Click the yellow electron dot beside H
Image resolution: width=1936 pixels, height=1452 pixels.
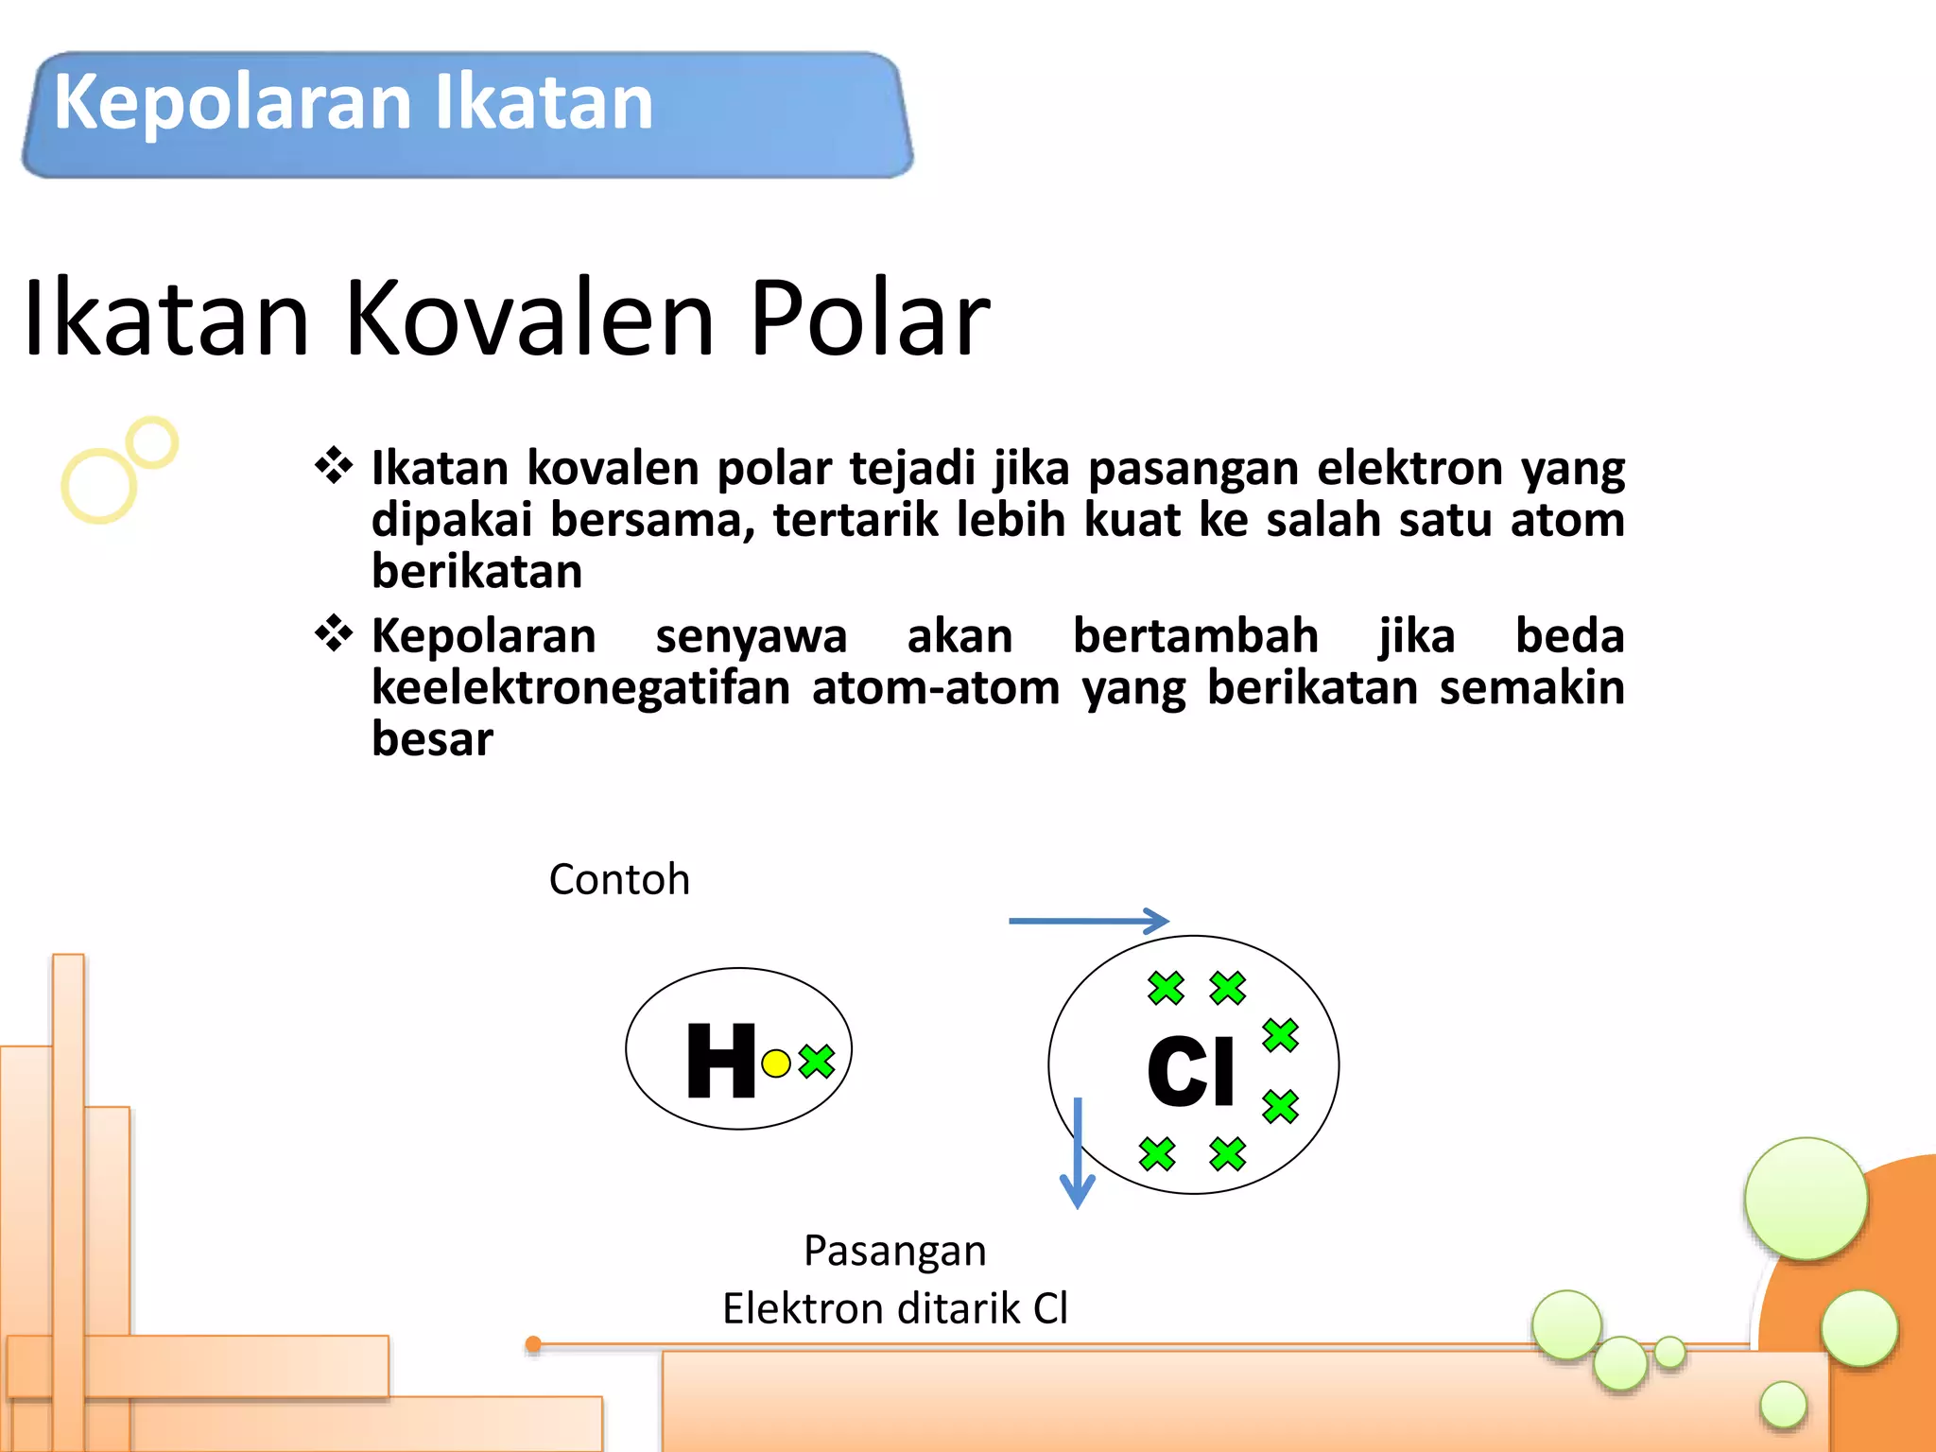click(775, 1063)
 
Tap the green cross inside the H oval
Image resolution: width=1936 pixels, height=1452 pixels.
click(817, 1062)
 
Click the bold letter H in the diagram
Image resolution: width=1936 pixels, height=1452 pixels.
click(721, 1062)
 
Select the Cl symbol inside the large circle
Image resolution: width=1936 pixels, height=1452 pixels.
click(1190, 1070)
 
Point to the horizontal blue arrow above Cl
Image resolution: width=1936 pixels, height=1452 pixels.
click(1088, 921)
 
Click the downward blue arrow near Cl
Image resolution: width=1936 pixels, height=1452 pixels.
click(1078, 1153)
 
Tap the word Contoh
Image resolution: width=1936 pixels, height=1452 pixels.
click(619, 879)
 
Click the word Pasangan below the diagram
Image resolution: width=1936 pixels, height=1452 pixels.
click(894, 1252)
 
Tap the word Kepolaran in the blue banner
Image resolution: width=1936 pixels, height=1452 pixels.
click(233, 102)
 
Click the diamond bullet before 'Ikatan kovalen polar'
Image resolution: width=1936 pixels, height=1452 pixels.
click(334, 466)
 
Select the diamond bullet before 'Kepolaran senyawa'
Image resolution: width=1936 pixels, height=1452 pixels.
click(334, 633)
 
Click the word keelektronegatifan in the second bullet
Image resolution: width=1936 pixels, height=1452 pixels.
click(580, 687)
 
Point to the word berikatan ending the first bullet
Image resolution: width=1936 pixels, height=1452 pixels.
click(476, 572)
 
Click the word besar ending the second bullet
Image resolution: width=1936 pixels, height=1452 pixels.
click(432, 738)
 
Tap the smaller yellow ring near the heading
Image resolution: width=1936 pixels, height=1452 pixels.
click(152, 442)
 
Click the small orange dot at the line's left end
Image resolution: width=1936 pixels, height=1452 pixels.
click(533, 1344)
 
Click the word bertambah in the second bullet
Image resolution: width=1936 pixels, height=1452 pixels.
click(1195, 635)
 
